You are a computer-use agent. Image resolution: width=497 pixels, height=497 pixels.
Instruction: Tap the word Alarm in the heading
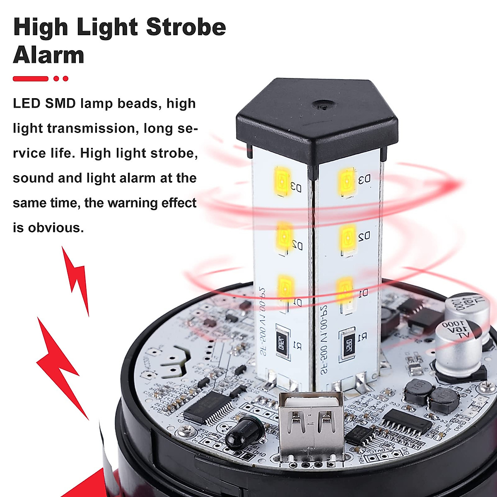48,55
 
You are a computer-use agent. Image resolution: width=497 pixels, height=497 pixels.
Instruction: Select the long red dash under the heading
31,79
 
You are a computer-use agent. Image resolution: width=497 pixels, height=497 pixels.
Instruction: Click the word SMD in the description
60,103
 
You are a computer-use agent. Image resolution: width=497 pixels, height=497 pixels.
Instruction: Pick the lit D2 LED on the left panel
284,235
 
